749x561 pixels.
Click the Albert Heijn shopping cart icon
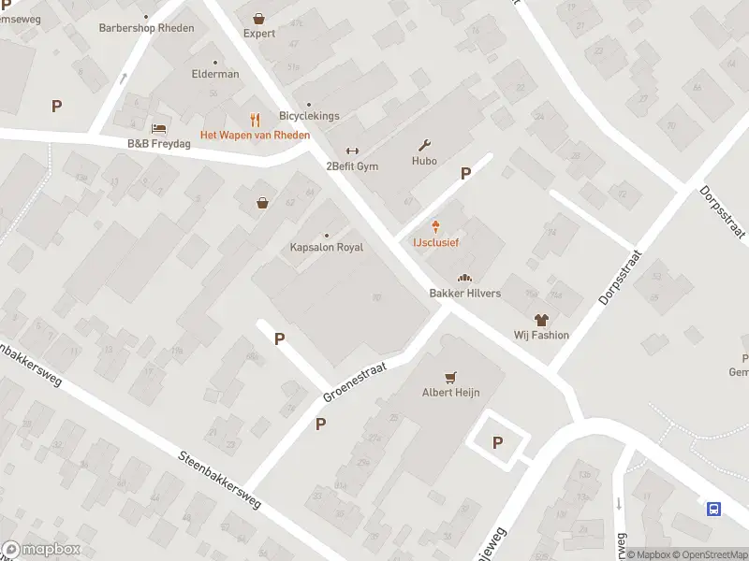[451, 377]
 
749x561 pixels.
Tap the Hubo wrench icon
[424, 145]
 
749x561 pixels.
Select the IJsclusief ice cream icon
[435, 226]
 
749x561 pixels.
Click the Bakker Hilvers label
[464, 294]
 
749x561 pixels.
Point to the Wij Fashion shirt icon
[541, 320]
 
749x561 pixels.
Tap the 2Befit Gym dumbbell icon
[352, 151]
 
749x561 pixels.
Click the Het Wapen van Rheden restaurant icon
[255, 120]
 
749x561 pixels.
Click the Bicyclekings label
[309, 116]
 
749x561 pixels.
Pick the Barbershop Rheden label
[146, 28]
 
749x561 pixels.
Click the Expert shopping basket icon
[259, 18]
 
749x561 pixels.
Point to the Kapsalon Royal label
[326, 248]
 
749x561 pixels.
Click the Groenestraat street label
[355, 382]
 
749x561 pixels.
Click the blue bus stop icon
[713, 509]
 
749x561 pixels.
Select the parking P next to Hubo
[465, 173]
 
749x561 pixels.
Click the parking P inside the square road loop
[497, 442]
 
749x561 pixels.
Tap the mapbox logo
[41, 550]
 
